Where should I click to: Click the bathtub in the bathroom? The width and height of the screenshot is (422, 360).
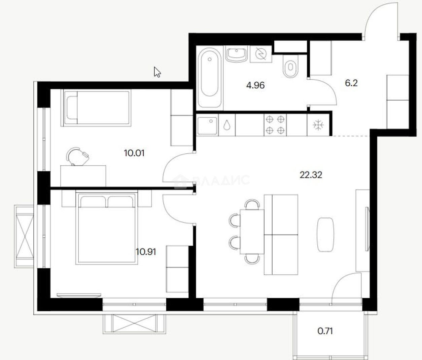(209, 78)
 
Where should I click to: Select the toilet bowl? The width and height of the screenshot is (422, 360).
(290, 66)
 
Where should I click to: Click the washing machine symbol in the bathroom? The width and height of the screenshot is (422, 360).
(261, 54)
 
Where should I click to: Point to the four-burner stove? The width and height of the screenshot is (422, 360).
(275, 125)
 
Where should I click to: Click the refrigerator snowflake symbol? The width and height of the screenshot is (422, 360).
(318, 125)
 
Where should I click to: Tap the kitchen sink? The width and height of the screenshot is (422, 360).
(207, 126)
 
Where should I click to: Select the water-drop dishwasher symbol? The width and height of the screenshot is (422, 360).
(226, 125)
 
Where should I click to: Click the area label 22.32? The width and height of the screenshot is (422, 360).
(311, 175)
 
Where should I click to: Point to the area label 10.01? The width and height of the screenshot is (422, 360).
(134, 153)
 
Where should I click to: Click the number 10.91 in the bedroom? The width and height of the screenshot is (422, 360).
(146, 252)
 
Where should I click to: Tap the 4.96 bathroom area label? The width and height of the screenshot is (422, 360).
(255, 85)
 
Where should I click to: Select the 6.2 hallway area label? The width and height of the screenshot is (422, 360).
(351, 83)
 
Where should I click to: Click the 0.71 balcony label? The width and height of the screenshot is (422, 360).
(325, 331)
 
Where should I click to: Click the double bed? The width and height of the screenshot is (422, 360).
(106, 228)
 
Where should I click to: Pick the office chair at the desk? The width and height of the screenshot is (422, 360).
(77, 156)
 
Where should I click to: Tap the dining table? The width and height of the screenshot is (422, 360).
(252, 232)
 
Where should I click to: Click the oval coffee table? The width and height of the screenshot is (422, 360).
(325, 235)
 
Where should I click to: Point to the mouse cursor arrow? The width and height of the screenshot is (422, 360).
(157, 72)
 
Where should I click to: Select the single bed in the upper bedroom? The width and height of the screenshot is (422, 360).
(96, 108)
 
